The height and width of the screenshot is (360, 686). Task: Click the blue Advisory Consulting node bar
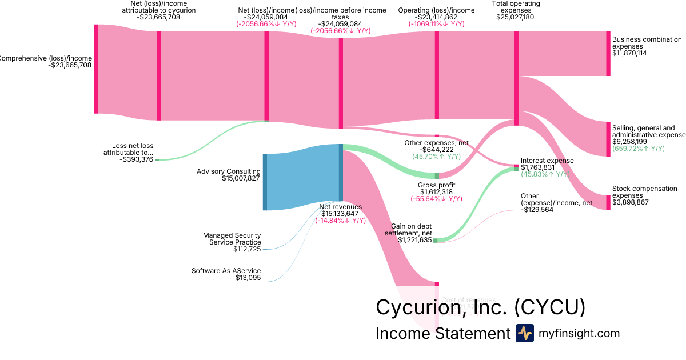(265, 182)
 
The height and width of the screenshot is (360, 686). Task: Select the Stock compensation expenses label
(644, 192)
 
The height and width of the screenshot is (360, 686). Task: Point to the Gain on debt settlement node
(435, 241)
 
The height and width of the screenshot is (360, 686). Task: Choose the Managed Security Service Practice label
(232, 239)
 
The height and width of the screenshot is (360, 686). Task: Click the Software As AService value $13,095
(248, 278)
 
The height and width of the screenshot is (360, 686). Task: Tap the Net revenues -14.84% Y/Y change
(340, 221)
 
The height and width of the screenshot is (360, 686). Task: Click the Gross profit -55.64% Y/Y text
(436, 199)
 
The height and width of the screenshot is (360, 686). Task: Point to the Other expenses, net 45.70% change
(436, 156)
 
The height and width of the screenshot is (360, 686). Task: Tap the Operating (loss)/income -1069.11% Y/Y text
(436, 24)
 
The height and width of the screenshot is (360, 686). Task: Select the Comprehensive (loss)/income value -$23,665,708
(70, 65)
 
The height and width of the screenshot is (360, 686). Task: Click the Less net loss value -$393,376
(137, 159)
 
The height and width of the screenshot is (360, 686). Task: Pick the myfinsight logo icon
(524, 333)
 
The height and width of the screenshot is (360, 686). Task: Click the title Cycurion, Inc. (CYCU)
(480, 307)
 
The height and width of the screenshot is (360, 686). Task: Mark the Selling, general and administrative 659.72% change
(638, 149)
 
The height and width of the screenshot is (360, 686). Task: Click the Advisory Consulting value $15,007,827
(241, 179)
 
